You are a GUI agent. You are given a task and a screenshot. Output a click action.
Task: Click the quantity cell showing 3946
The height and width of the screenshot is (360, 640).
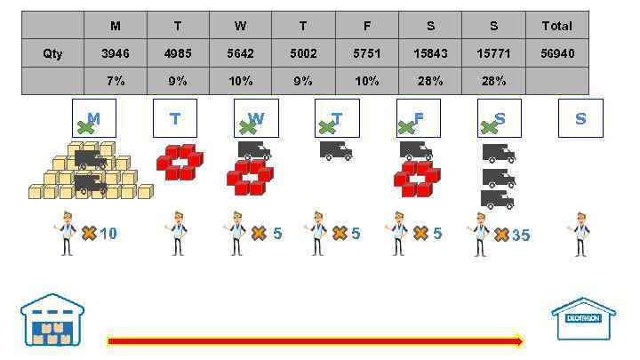pos(116,53)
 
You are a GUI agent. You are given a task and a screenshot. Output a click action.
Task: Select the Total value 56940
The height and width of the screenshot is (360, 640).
pos(557,53)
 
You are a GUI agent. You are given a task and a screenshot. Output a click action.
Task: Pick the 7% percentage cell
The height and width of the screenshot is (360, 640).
pos(116,81)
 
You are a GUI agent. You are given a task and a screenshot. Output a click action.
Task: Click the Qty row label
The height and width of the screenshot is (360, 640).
pos(52,53)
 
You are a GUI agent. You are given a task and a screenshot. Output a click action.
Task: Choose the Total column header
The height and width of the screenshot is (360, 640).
pos(557,26)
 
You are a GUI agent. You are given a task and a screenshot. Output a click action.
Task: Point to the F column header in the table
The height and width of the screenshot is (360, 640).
pos(367,26)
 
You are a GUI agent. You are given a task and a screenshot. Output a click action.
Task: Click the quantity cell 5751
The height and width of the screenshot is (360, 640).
pos(367,53)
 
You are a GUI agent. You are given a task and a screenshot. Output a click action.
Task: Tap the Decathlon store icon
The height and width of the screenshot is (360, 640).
pos(583,319)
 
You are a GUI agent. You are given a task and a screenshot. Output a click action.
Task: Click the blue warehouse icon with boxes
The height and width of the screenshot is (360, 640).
pos(52,321)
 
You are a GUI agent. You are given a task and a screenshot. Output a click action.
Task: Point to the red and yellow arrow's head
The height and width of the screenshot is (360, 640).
pos(518,340)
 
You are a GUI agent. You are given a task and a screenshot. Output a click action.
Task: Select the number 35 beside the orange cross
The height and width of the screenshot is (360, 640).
pos(521,236)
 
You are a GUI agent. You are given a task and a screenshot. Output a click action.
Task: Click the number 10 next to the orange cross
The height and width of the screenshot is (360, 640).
pos(108,234)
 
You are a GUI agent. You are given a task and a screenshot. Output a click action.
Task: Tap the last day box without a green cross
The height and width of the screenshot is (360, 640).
pos(580,118)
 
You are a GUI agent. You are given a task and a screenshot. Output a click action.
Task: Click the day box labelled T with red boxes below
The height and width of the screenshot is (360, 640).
pos(175,118)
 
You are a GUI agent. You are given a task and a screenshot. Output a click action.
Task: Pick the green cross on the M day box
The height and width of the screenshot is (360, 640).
pos(85,127)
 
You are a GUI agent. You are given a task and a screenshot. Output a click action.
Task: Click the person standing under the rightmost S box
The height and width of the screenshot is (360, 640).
pos(580,234)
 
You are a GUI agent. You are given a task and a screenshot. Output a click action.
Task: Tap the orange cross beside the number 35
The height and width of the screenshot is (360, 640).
pos(501,235)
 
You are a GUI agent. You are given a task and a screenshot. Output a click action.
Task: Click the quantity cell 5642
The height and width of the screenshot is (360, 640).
pos(240,53)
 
